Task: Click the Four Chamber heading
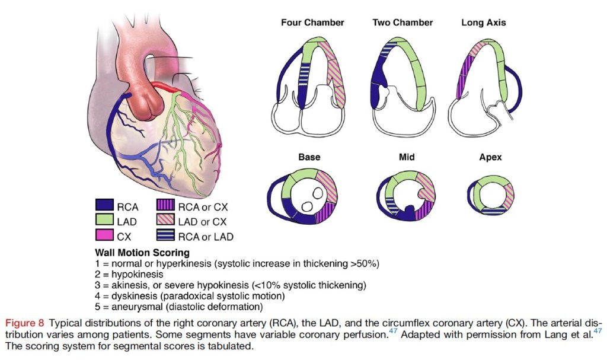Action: click(x=312, y=23)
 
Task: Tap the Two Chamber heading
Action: click(x=402, y=23)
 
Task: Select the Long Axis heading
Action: click(x=483, y=23)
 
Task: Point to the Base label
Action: click(x=309, y=157)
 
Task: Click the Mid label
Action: click(x=406, y=157)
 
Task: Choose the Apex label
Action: click(x=490, y=157)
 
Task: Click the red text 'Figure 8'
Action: click(x=25, y=323)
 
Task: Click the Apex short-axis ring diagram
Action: click(x=490, y=195)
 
